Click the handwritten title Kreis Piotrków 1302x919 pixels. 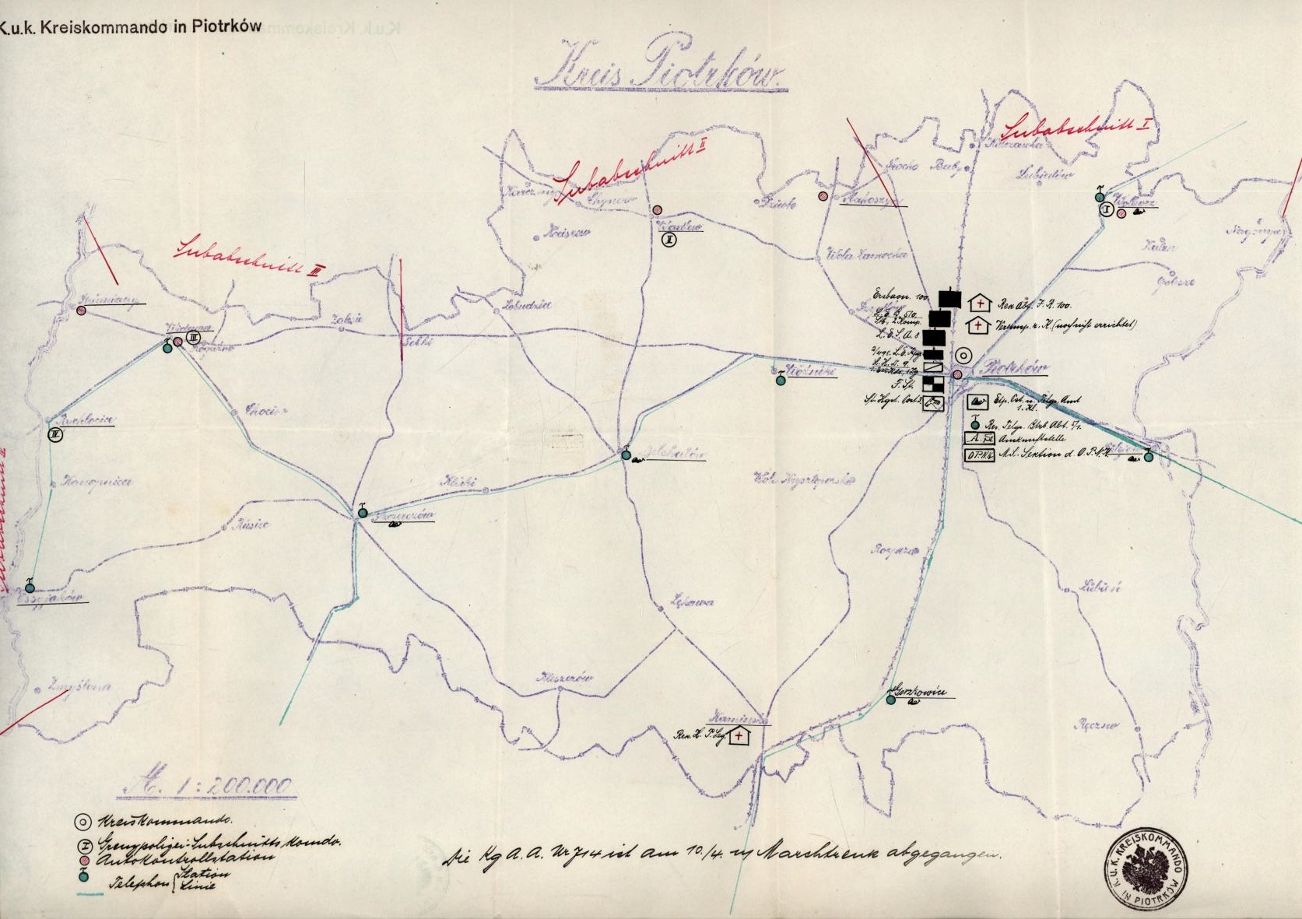(x=660, y=72)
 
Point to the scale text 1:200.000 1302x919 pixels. (x=206, y=786)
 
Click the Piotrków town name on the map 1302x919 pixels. (x=1014, y=367)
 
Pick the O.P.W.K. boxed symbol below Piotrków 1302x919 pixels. (x=978, y=456)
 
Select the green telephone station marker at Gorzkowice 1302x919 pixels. (x=890, y=700)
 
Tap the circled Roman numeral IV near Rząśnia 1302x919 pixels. (x=54, y=435)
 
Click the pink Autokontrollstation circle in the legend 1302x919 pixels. (x=82, y=859)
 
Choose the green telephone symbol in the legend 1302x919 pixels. (x=82, y=876)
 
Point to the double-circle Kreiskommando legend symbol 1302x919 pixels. (x=82, y=822)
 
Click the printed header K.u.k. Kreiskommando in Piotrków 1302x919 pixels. (x=131, y=26)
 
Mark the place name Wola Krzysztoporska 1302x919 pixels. (x=802, y=479)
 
